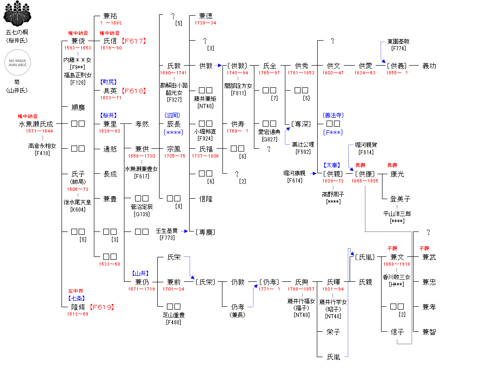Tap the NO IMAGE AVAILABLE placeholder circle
coord(18,62)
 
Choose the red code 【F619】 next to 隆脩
coord(101,307)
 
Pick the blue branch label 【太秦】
coord(333,165)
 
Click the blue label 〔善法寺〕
coord(333,115)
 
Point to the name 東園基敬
coord(398,41)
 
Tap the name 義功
coord(429,66)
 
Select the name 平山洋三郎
coord(397,214)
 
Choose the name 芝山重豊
coord(173,315)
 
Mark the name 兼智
coord(429,332)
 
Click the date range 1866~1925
coord(364,181)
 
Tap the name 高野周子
coord(333,195)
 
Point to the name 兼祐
coord(110,16)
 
